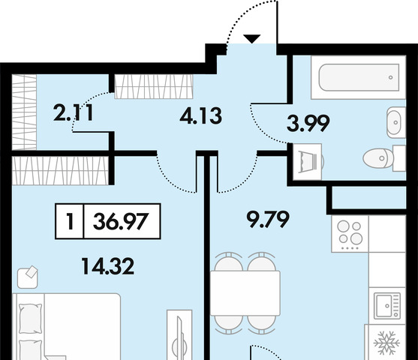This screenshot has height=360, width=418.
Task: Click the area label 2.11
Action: click(74, 112)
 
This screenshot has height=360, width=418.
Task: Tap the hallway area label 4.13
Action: click(200, 116)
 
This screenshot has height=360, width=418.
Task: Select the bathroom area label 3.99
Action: click(308, 123)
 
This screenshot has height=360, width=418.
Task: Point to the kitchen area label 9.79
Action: click(268, 219)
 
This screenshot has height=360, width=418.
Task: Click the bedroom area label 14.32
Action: click(108, 266)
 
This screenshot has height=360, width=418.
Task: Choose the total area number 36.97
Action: click(121, 221)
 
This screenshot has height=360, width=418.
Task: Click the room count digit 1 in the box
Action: click(70, 221)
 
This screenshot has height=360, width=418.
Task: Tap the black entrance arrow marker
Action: click(252, 39)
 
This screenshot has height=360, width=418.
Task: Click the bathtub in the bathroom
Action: click(359, 77)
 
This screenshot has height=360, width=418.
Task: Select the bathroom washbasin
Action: click(395, 122)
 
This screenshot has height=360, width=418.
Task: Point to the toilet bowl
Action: click(384, 158)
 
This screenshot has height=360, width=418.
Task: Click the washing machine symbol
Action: click(308, 162)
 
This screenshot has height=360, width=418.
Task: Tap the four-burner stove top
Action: click(350, 234)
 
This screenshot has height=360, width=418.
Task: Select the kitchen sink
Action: click(387, 306)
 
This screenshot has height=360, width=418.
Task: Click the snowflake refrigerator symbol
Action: click(386, 343)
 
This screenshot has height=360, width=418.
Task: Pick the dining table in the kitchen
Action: click(245, 293)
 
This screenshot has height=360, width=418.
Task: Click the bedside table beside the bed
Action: click(28, 277)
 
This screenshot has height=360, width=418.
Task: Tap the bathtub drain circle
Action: click(390, 77)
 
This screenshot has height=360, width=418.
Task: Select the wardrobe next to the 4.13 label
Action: click(154, 86)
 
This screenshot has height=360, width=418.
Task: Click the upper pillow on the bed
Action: click(31, 318)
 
